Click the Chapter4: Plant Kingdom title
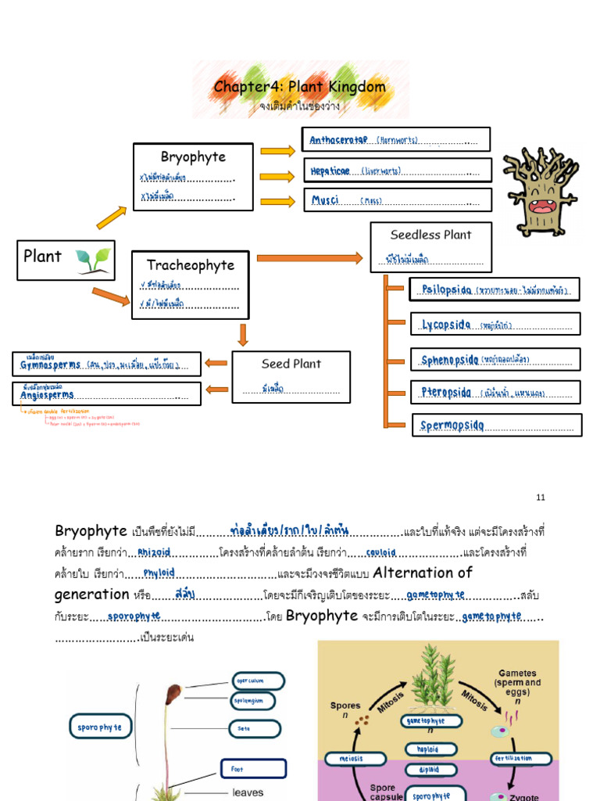pos(300,86)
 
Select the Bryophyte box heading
pos(193,156)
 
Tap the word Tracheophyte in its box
pos(191,265)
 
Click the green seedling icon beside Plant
pos(93,260)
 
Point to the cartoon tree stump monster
pos(540,191)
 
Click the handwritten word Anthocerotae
pos(338,140)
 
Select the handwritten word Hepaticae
pos(330,170)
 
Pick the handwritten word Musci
pos(325,200)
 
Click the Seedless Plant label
pos(430,234)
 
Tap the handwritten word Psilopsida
pos(446,289)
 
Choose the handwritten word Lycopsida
pos(446,325)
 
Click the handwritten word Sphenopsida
pos(450,360)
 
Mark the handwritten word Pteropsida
pos(446,393)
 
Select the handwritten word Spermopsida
pos(453,426)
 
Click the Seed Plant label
pos(291,364)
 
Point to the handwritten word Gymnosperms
pos(49,365)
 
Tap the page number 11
pos(541,497)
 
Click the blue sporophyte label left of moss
pos(99,727)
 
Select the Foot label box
pos(253,769)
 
